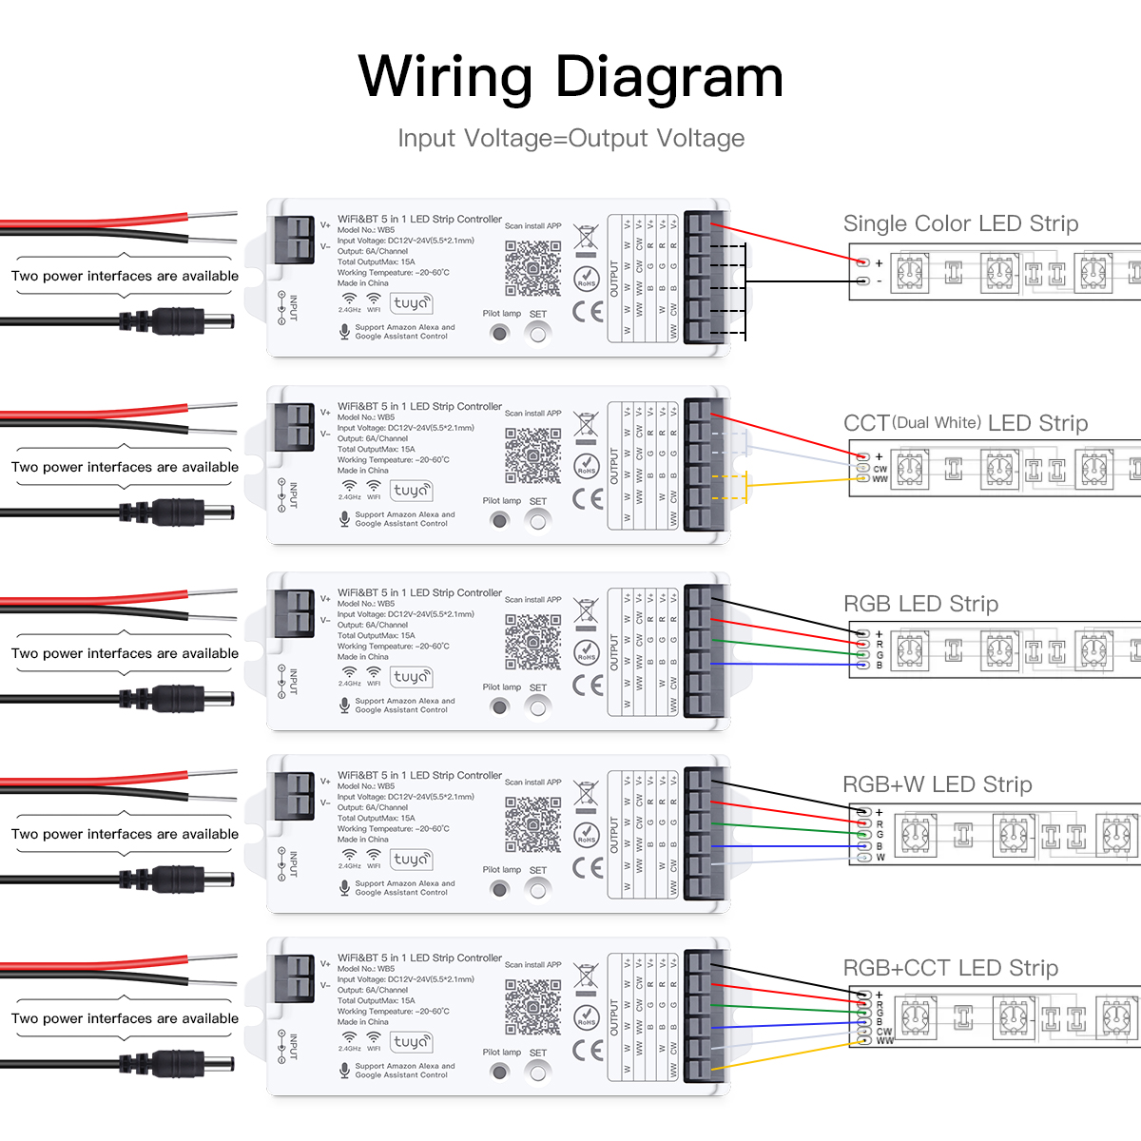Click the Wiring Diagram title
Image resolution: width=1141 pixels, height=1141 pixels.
[x=570, y=78]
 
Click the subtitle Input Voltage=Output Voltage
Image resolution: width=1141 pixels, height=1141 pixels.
[x=570, y=139]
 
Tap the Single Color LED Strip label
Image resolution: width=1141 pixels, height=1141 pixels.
[x=960, y=223]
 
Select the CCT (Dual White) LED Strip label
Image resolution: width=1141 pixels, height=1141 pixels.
[x=965, y=423]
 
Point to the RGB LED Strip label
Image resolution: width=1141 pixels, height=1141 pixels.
[x=920, y=604]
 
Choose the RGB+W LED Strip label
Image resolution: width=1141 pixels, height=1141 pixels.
[x=937, y=784]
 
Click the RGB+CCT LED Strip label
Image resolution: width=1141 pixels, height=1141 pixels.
[x=950, y=968]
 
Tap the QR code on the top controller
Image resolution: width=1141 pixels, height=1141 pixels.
[x=532, y=268]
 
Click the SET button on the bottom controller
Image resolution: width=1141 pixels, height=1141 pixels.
[x=538, y=1073]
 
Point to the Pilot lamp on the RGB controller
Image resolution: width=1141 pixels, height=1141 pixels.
[x=499, y=706]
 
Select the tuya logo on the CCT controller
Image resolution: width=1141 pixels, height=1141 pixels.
[x=411, y=491]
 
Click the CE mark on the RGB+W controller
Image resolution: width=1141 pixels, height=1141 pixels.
[x=588, y=867]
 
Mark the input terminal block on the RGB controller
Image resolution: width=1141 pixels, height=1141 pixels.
[x=294, y=611]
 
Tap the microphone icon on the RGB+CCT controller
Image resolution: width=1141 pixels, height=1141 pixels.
[x=344, y=1070]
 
